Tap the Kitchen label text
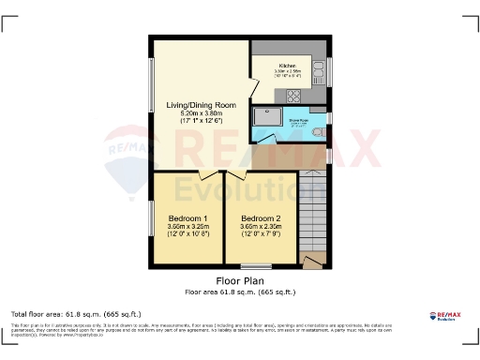pyautogui.click(x=288, y=65)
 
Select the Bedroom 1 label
pyautogui.click(x=187, y=217)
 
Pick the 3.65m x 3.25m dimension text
pyautogui.click(x=187, y=226)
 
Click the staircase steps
pyautogui.click(x=312, y=211)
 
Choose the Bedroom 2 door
pyautogui.click(x=235, y=175)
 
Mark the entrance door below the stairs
pyautogui.click(x=313, y=260)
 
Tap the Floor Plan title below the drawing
pyautogui.click(x=239, y=280)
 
